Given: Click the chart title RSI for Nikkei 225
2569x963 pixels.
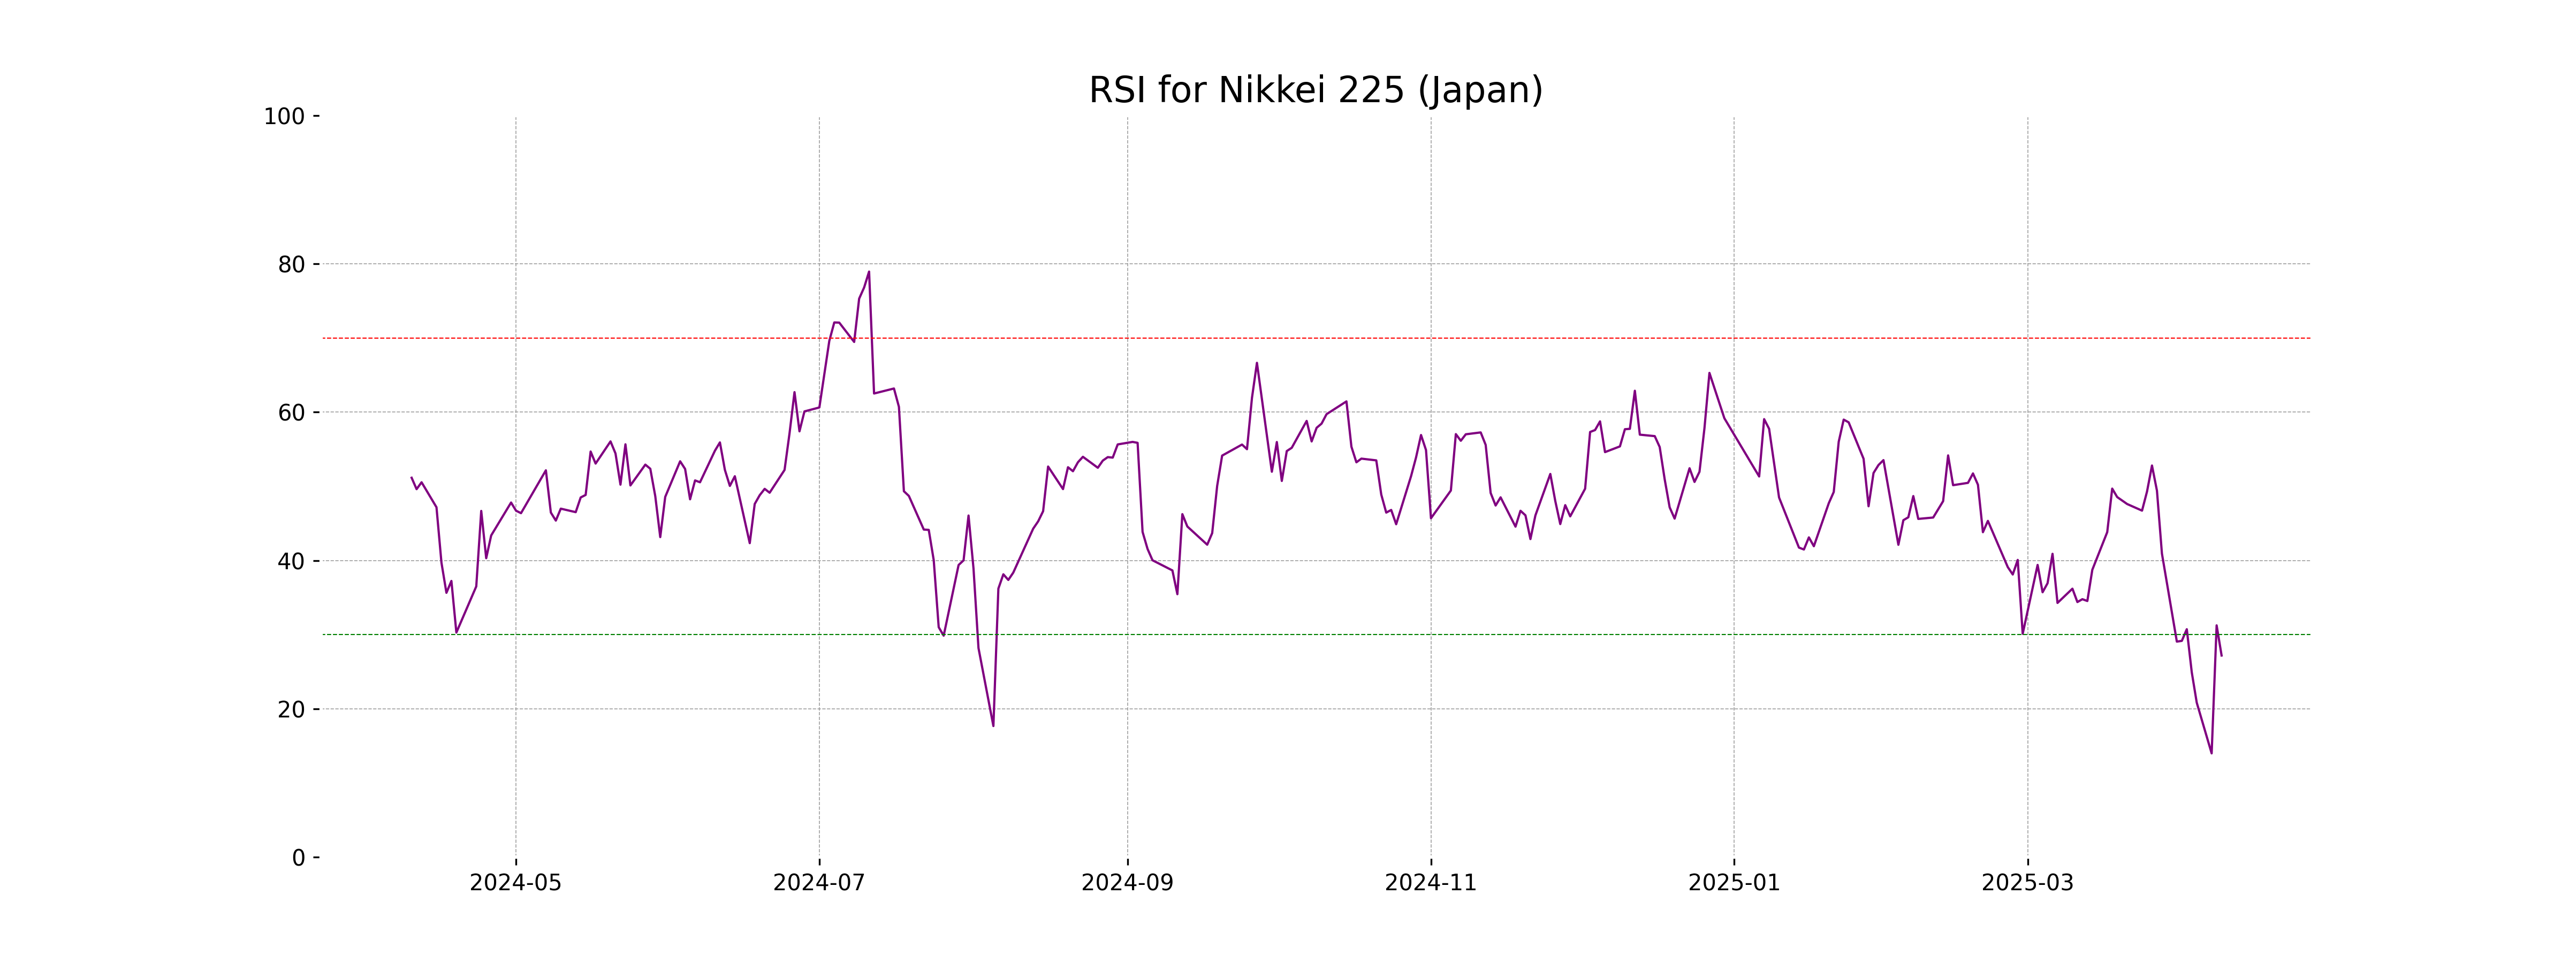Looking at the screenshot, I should [x=1316, y=91].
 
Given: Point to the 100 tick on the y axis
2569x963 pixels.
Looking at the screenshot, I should [x=284, y=117].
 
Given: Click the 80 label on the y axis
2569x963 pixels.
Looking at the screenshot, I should [x=291, y=265].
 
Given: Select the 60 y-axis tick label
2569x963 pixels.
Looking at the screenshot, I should [x=291, y=412].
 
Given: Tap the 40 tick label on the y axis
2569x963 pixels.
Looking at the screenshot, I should [x=291, y=561].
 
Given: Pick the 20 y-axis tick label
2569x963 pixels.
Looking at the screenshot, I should [x=291, y=710].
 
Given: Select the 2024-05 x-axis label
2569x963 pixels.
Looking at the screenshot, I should [x=515, y=883].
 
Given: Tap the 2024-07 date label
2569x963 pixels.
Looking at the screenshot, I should [x=819, y=883].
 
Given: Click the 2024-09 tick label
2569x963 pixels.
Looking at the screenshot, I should [x=1127, y=883].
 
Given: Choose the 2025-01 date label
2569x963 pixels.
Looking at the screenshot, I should [x=1734, y=883].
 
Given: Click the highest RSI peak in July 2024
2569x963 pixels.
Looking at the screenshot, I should [x=869, y=271].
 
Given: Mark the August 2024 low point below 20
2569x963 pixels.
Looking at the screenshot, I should [x=993, y=726].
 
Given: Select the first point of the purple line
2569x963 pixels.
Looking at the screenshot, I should [x=412, y=478].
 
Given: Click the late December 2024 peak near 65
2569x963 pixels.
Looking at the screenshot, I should [x=1709, y=373].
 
